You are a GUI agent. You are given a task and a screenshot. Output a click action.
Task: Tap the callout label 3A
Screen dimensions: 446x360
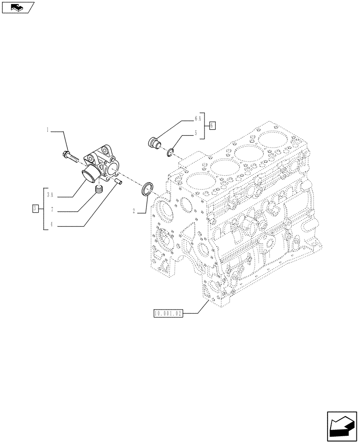click(52, 195)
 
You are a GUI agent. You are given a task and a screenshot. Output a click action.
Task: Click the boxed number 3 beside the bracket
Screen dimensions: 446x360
click(35, 208)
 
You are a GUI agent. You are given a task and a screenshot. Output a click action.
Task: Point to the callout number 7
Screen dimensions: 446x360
click(52, 210)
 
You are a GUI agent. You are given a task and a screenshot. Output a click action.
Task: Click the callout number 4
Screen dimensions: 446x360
click(52, 225)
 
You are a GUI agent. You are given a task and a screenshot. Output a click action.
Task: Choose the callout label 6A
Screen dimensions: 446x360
click(198, 119)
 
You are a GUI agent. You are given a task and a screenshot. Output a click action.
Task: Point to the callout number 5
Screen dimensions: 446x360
click(195, 132)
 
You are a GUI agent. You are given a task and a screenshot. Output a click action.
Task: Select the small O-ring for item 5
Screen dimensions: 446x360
click(170, 153)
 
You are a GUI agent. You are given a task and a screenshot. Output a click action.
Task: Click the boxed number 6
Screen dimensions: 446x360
click(213, 125)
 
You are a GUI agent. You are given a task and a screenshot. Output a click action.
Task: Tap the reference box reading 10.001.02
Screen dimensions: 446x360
click(168, 314)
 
